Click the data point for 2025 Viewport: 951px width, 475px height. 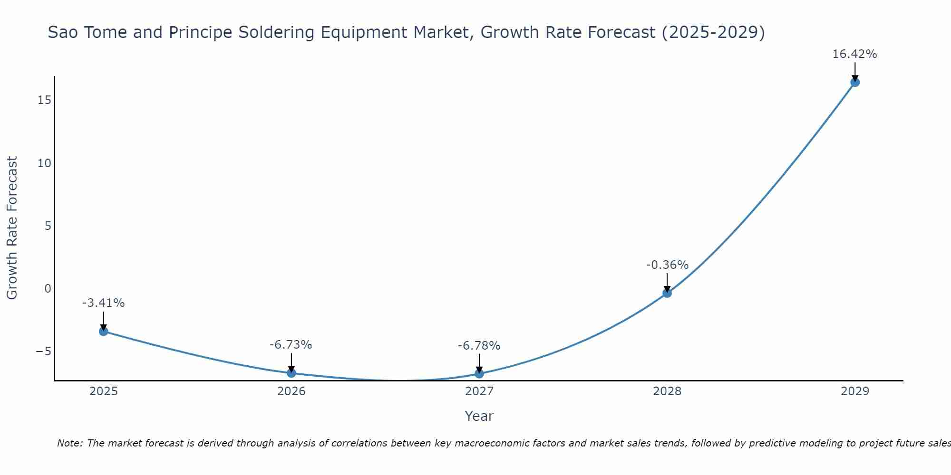(103, 331)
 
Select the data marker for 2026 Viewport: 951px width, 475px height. (291, 373)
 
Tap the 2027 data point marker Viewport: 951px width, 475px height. (479, 373)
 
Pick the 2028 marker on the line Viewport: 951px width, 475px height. (667, 293)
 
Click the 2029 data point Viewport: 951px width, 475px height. (854, 82)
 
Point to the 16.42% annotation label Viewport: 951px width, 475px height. (854, 54)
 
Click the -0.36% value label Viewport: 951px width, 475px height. (667, 265)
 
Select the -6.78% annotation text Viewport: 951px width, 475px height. (479, 346)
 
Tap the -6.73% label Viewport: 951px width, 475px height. (291, 345)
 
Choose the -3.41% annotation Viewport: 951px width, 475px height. (103, 303)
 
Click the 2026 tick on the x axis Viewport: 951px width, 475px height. (291, 391)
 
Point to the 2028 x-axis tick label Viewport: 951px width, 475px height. (667, 391)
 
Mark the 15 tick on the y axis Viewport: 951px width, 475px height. (45, 100)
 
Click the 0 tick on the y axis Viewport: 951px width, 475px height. (48, 289)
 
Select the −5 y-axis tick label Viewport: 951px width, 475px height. (43, 351)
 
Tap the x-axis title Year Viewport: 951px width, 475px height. (479, 416)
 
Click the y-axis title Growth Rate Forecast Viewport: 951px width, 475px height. (12, 228)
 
